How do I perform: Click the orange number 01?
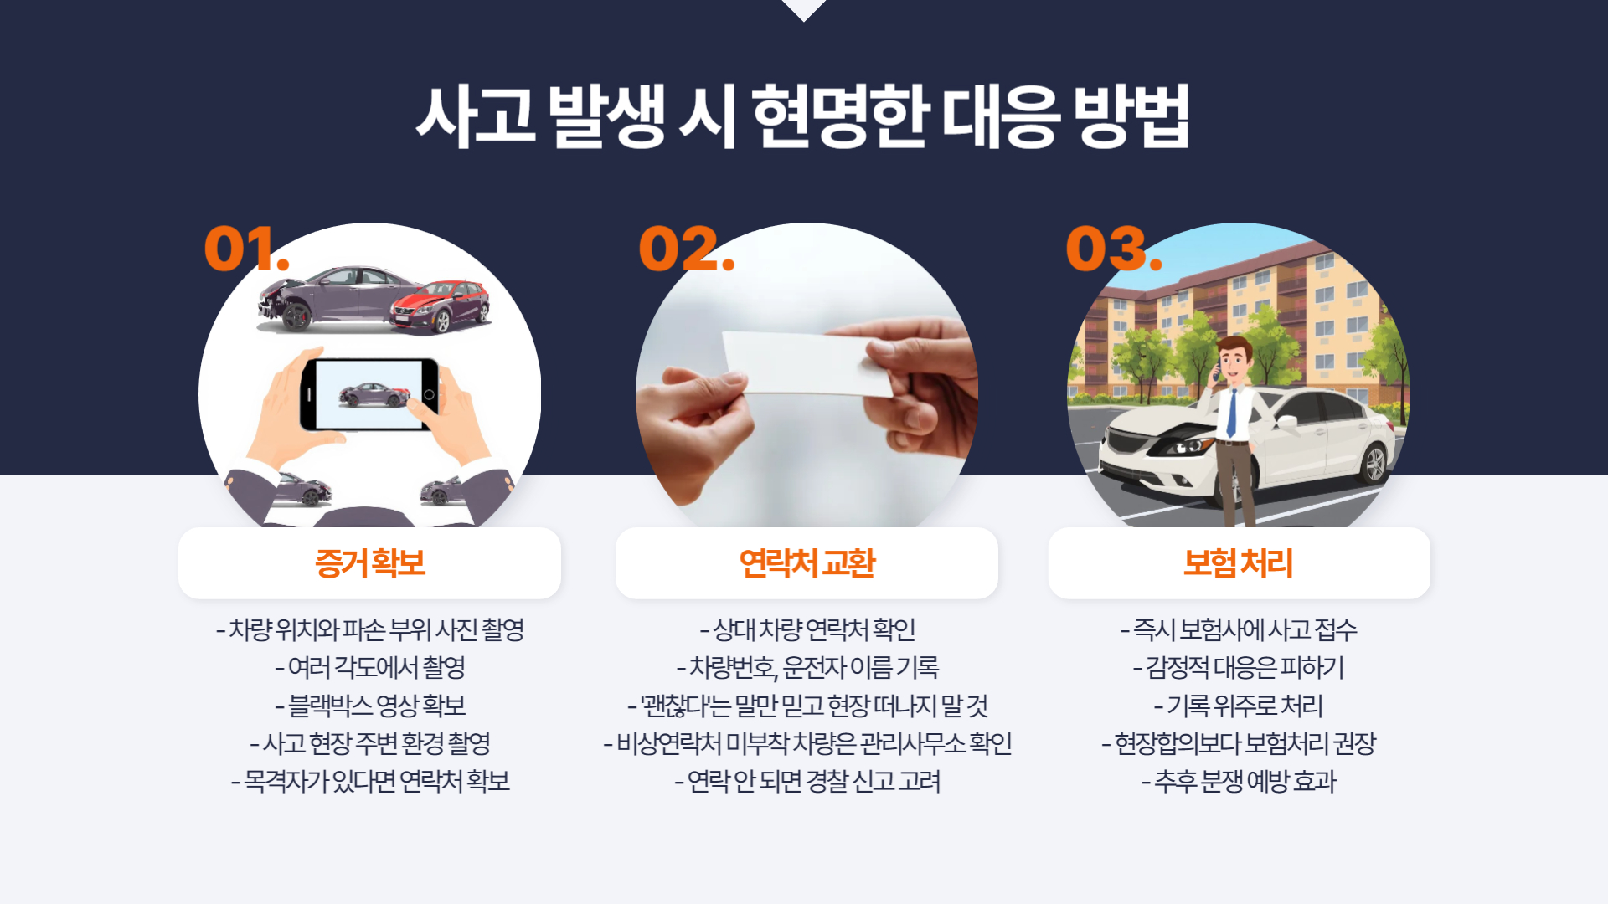click(x=246, y=249)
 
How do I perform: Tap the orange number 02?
click(x=686, y=249)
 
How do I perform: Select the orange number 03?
click(x=1114, y=249)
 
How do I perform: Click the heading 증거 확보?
click(x=370, y=562)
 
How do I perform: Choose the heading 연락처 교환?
click(x=807, y=562)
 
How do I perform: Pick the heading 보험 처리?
click(x=1239, y=562)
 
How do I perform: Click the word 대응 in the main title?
click(x=1001, y=116)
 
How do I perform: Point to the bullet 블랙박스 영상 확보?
click(x=370, y=706)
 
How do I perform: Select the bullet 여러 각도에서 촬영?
click(x=370, y=667)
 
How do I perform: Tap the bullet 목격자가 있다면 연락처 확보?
click(x=370, y=781)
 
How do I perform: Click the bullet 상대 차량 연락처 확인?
click(x=807, y=629)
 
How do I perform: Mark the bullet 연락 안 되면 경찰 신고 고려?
click(x=807, y=781)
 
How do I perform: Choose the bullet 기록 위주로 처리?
click(x=1239, y=706)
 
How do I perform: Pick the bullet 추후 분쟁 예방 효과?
click(x=1239, y=781)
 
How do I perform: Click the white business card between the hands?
click(x=808, y=363)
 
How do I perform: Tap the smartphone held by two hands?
click(x=369, y=394)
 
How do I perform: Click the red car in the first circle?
click(x=441, y=306)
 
